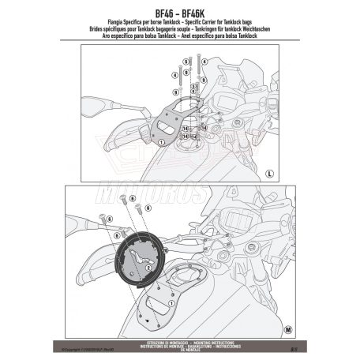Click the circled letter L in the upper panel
click(268, 171)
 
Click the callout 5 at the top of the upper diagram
click(184, 60)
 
